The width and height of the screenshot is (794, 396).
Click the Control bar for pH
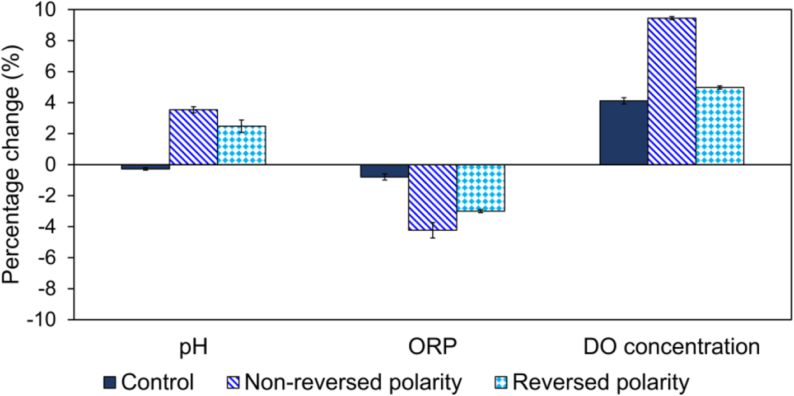pos(146,167)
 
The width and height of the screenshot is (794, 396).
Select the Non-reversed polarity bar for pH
pos(193,137)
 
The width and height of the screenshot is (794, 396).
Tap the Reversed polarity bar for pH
pos(241,145)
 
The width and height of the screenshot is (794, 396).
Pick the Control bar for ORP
pos(384,171)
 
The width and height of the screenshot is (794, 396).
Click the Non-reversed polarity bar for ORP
pos(432,197)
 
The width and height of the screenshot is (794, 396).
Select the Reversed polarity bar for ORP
pos(480,188)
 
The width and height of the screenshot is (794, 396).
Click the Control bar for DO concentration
pos(623,133)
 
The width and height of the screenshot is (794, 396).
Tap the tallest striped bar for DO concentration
pos(671,91)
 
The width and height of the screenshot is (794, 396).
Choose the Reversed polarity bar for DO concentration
pos(720,126)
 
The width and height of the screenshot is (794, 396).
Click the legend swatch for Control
pos(110,383)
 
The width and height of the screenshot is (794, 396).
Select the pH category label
pos(193,347)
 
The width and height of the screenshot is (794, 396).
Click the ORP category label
pos(432,347)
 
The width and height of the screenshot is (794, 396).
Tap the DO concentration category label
pos(671,347)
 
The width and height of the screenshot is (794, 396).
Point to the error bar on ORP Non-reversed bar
pos(432,230)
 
